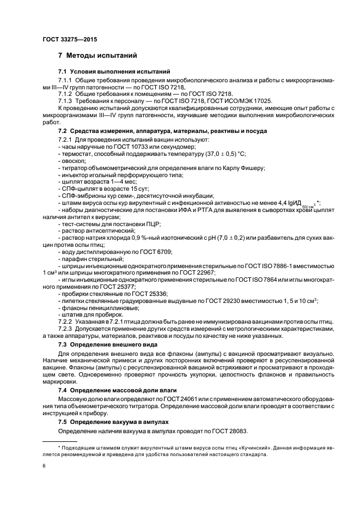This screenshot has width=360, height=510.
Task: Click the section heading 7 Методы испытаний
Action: point(97,56)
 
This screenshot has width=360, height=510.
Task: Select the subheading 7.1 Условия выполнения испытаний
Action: point(114,72)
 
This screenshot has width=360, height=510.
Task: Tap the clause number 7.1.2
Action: point(65,93)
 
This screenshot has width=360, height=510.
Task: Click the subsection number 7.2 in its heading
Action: point(64,132)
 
